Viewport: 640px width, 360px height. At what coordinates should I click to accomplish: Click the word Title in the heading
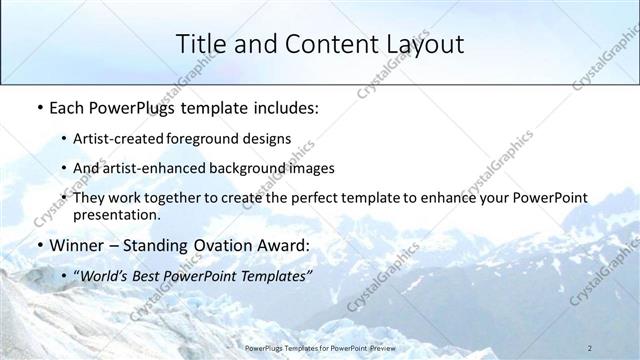[x=200, y=44]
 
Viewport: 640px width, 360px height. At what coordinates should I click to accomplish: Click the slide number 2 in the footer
[x=590, y=348]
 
